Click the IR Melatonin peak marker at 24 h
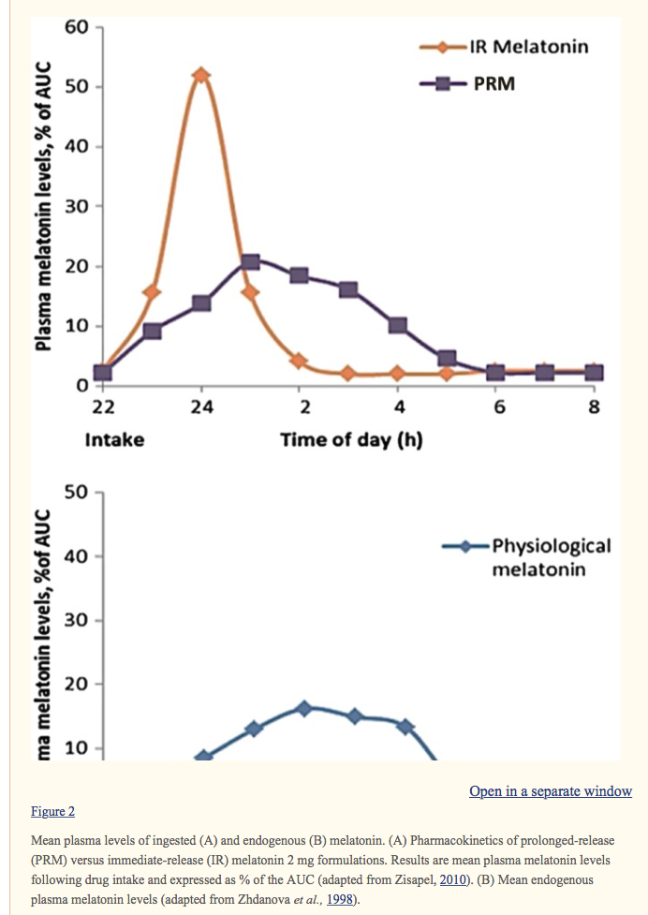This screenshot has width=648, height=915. [200, 75]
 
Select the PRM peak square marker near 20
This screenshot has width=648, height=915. [250, 261]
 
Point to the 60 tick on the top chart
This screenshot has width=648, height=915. [77, 27]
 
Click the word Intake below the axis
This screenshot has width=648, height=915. [114, 439]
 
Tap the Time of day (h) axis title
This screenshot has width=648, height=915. [351, 439]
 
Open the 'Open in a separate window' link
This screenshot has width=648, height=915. [550, 791]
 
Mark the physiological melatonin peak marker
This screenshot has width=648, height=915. [303, 708]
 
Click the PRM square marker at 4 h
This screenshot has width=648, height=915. [397, 325]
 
